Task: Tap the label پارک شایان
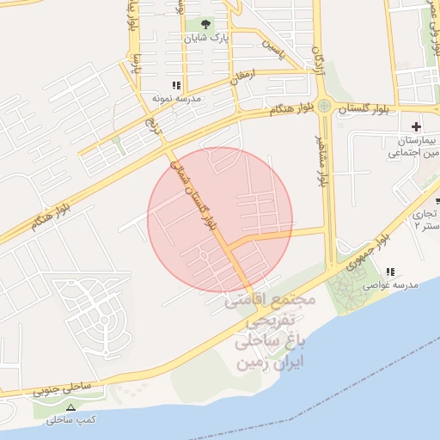click(x=208, y=39)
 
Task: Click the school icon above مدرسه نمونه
click(x=177, y=85)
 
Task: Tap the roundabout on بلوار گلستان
click(x=324, y=107)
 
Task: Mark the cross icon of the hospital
click(x=416, y=126)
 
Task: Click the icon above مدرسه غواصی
click(x=391, y=272)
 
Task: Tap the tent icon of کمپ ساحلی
click(x=70, y=407)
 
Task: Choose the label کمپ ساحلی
click(x=70, y=420)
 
